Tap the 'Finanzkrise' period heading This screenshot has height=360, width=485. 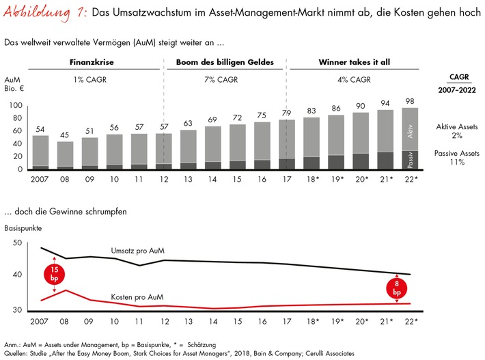pos(92,62)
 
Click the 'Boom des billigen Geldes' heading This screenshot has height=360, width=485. pos(224,62)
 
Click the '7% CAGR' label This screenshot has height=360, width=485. pos(224,80)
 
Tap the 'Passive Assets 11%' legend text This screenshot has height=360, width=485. pos(455,158)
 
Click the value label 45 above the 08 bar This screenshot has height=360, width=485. pos(66,135)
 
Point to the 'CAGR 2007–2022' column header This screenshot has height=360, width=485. pos(455,84)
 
